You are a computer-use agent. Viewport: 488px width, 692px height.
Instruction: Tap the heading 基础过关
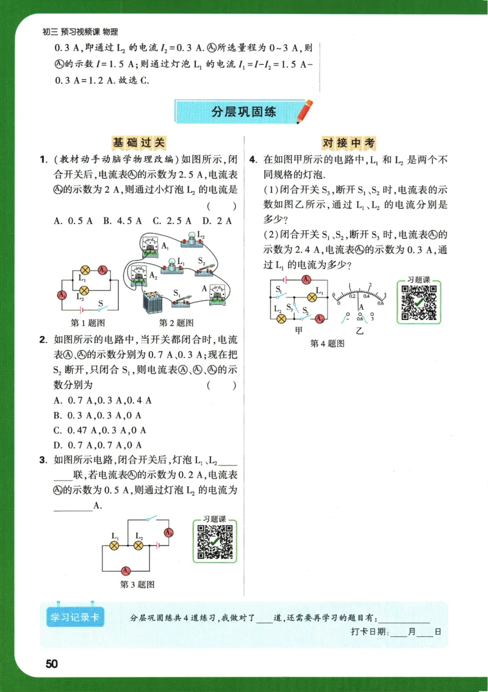click(139, 143)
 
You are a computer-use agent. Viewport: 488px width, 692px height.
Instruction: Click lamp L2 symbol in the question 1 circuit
click(85, 289)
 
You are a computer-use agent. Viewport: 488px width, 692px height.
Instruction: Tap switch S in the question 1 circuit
click(104, 308)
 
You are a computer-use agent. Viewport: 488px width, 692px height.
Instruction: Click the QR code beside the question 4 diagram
click(420, 302)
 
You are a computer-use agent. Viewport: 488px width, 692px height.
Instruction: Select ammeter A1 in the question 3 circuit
click(125, 570)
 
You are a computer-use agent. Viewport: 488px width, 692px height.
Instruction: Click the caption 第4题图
click(328, 344)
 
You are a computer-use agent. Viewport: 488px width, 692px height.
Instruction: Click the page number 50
click(51, 664)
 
